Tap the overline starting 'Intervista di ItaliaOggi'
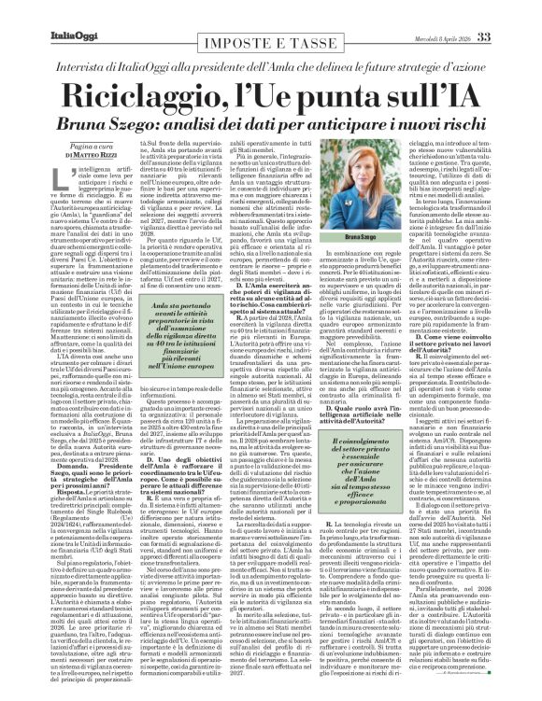click(271, 40)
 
